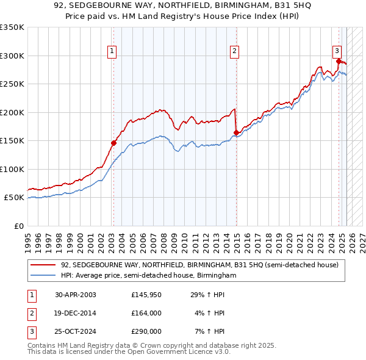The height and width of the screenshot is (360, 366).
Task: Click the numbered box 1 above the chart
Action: [x=113, y=52]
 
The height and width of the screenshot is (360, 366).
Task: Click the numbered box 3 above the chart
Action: [x=337, y=52]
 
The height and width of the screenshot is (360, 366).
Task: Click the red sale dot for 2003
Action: [x=113, y=143]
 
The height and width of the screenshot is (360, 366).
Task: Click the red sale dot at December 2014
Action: [x=236, y=132]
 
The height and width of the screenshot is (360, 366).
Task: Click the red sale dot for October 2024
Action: [x=339, y=61]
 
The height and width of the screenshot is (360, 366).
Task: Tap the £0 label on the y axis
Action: [x=18, y=226]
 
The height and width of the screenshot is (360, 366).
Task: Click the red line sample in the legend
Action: [x=43, y=264]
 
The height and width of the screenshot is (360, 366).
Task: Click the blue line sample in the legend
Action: [x=43, y=275]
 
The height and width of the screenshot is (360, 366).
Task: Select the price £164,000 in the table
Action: [x=146, y=314]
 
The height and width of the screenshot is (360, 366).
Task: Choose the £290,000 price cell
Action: [x=146, y=331]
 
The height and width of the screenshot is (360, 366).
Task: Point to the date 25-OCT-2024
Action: [x=75, y=331]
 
